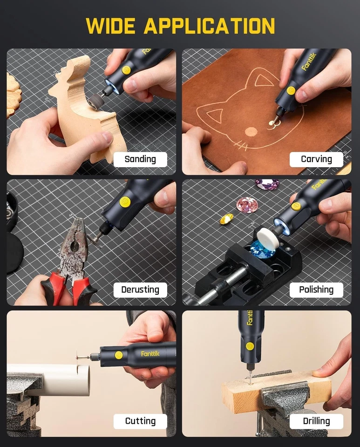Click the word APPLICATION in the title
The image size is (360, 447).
209,26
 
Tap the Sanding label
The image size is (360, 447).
140,159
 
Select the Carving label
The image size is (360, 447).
316,159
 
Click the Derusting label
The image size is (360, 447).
140,290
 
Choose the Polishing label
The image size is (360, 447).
316,290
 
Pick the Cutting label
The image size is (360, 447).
140,421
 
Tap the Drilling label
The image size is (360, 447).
316,421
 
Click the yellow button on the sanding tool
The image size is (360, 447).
126,70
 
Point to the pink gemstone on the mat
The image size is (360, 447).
247,205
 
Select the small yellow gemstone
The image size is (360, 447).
227,218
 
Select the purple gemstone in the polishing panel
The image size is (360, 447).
267,184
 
